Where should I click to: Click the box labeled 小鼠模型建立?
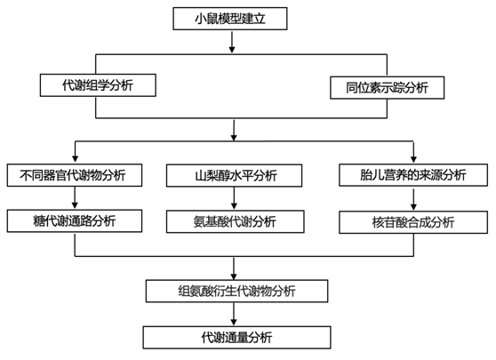230,19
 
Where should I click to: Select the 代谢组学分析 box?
98,85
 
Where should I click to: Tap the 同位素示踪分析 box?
388,88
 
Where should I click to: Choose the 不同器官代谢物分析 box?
75,175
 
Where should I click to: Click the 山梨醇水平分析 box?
234,175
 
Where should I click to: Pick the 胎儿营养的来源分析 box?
413,175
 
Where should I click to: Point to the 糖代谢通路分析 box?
75,220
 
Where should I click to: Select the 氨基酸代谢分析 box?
235,221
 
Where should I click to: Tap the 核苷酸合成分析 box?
413,222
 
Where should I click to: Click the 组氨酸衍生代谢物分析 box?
236,291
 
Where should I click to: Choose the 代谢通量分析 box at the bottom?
236,338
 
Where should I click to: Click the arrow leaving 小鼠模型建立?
232,42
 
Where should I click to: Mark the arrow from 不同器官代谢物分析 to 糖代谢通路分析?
75,197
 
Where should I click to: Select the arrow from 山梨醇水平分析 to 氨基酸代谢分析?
234,198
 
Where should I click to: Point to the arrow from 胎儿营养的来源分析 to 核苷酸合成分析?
413,200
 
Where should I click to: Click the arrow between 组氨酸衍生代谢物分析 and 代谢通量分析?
234,314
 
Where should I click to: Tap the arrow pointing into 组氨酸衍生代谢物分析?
234,268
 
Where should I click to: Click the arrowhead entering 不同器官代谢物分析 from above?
75,158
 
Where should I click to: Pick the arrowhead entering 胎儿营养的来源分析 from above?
413,159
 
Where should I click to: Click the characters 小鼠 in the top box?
206,19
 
